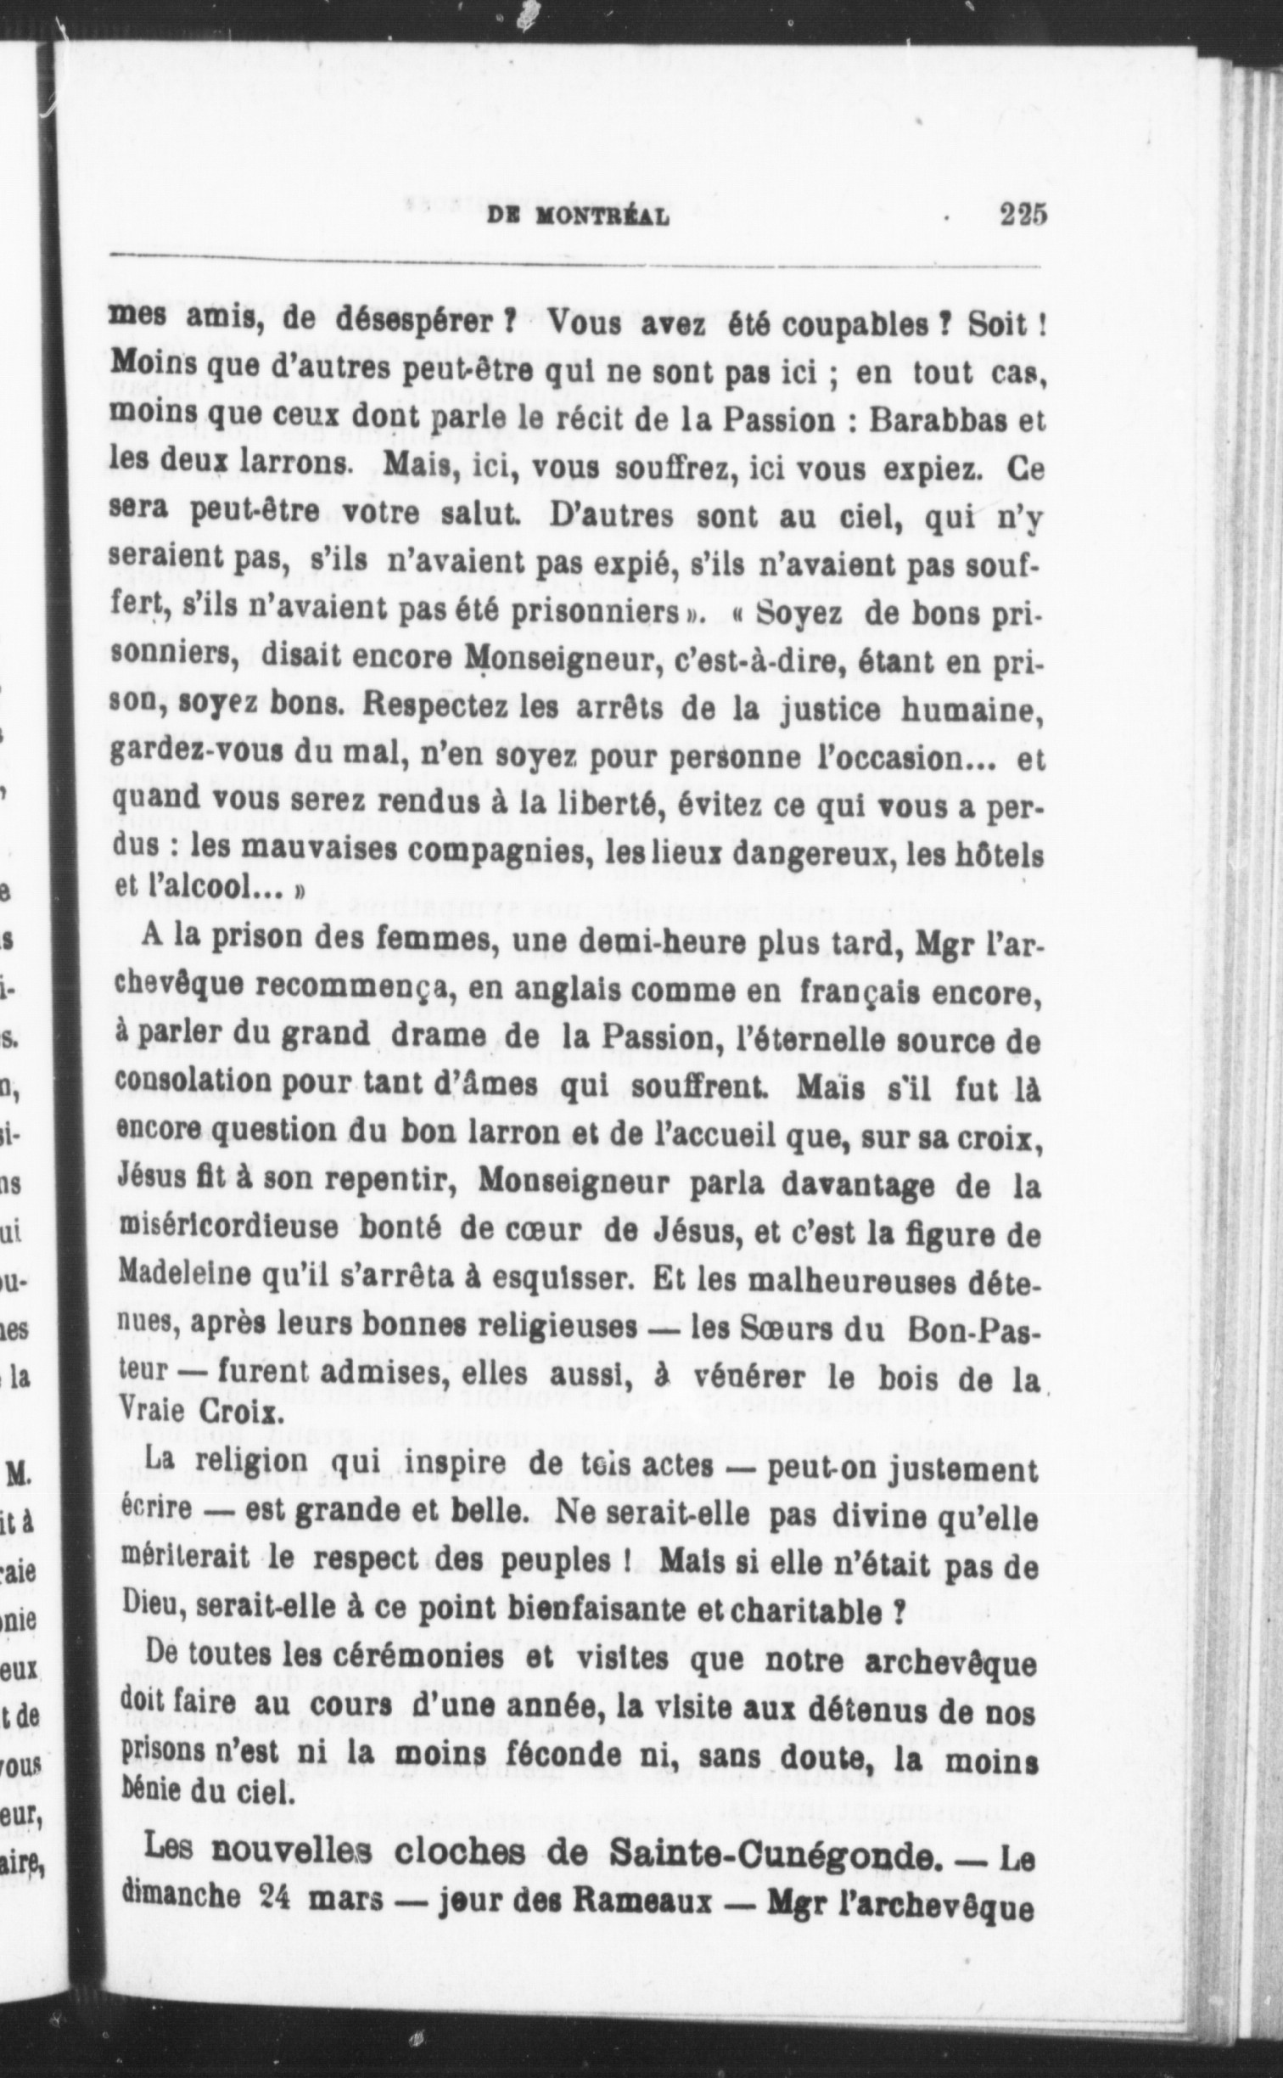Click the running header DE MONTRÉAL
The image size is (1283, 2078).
point(579,218)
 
